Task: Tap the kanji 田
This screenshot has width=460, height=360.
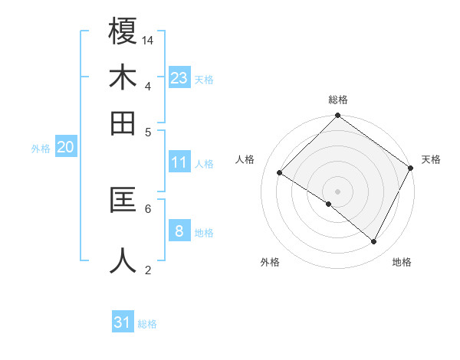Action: (123, 123)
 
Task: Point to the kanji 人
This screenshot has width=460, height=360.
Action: (123, 260)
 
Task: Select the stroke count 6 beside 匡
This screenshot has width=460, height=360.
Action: (148, 208)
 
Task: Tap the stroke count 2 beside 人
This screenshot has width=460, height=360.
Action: (148, 270)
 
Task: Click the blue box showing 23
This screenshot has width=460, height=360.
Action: (179, 78)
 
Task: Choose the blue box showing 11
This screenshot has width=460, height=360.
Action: (179, 162)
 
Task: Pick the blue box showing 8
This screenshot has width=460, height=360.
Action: (179, 231)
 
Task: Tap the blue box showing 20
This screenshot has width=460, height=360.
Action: (65, 148)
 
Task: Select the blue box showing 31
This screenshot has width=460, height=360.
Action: (123, 322)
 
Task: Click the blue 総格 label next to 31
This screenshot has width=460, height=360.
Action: (147, 324)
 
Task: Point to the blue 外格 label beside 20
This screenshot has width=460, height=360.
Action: (41, 149)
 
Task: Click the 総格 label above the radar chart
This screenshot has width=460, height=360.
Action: (337, 100)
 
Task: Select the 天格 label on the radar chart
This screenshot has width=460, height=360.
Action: (432, 159)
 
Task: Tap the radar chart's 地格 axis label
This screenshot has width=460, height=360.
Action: (402, 262)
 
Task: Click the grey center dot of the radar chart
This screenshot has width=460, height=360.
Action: (337, 191)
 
